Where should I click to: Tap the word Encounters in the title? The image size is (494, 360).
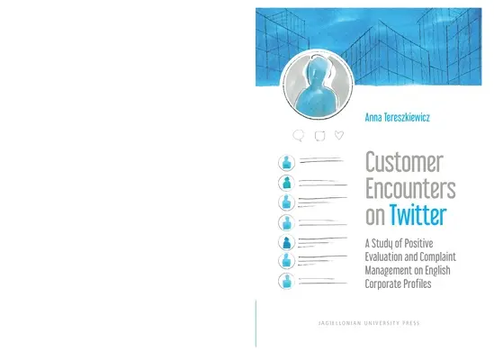(408, 190)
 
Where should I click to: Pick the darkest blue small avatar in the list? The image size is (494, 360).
(286, 243)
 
